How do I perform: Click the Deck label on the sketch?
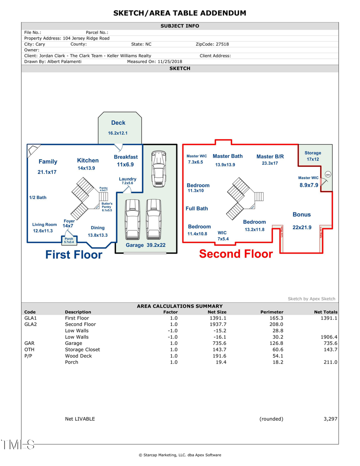[x=118, y=123]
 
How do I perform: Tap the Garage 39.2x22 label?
[x=146, y=245]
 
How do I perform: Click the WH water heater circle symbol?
[x=328, y=174]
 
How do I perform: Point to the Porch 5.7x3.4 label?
[x=69, y=240]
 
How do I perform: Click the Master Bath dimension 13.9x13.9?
[x=225, y=164]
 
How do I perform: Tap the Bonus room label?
[x=302, y=215]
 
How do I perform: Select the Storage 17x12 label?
[x=312, y=156]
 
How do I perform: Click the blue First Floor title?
[x=74, y=254]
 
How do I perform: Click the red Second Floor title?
[x=236, y=254]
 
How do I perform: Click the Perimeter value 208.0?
[x=276, y=324]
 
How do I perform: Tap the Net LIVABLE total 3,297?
[x=330, y=419]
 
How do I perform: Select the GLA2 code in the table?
[x=30, y=324]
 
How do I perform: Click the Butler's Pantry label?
[x=107, y=206]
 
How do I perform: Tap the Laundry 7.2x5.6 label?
[x=127, y=181]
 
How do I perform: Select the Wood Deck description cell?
[x=78, y=356]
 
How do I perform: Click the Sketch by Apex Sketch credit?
[x=311, y=299]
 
